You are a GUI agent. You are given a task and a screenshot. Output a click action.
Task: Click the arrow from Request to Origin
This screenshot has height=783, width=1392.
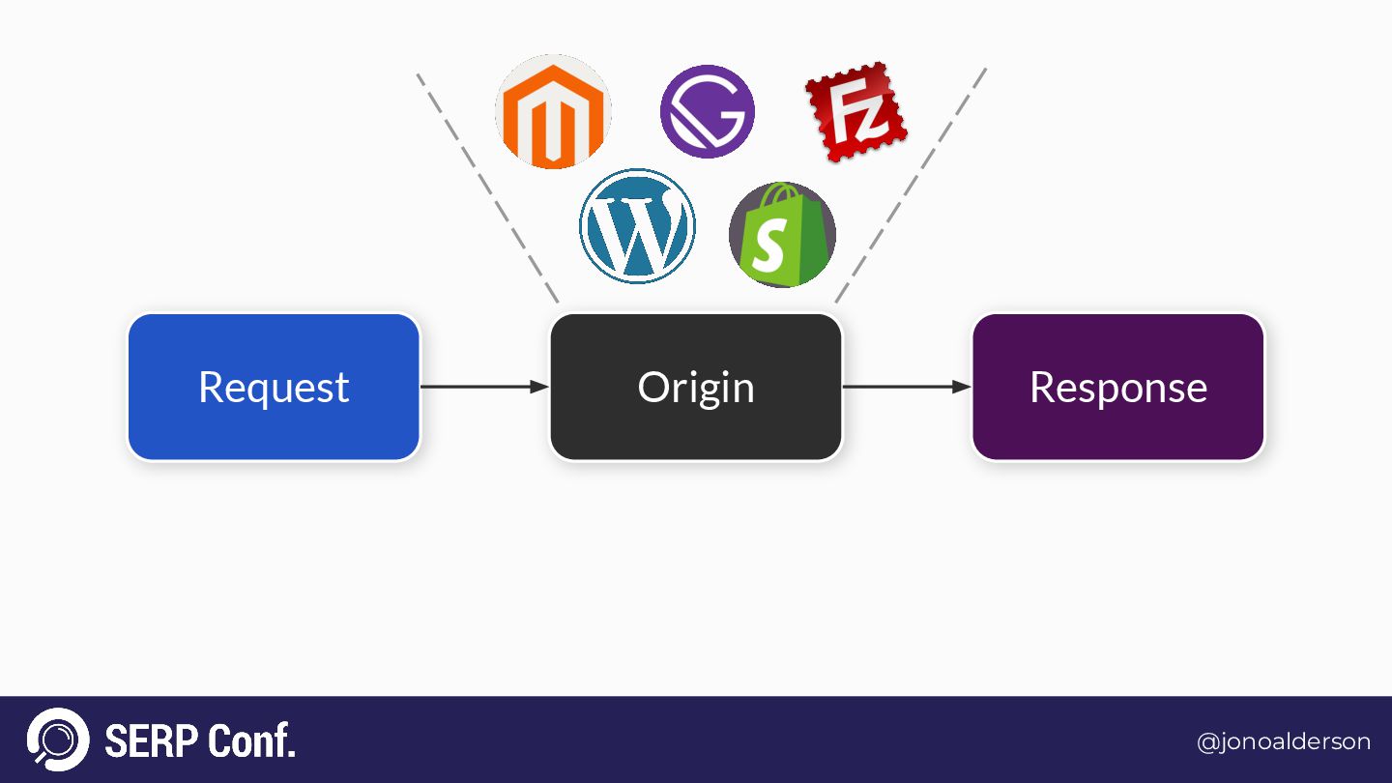coord(484,387)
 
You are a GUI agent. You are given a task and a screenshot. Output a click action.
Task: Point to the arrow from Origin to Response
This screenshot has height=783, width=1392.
coord(907,387)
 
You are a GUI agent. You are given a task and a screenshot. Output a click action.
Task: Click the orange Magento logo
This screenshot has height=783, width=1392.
coord(553,112)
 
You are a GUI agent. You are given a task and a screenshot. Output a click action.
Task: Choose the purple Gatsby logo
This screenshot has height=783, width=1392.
coord(707,111)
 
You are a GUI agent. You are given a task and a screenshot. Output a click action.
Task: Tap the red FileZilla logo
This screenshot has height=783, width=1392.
coord(855,111)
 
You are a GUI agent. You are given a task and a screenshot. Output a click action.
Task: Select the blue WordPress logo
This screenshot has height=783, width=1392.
coord(637,226)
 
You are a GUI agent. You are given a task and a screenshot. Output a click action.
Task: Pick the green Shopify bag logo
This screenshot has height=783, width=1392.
coord(782,235)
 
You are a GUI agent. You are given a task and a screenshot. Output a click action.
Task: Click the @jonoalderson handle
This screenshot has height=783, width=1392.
coord(1283,741)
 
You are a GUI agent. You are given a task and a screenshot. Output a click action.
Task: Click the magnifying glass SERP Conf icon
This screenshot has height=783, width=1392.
coord(58,740)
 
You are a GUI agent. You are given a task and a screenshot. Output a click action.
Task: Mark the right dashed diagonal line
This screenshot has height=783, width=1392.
coord(911,184)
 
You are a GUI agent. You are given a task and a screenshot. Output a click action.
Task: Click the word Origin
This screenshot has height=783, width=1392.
coord(696,388)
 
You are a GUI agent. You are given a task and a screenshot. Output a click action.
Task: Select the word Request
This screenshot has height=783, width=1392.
coord(274,388)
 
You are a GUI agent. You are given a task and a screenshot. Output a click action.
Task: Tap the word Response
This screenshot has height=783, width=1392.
coord(1118,388)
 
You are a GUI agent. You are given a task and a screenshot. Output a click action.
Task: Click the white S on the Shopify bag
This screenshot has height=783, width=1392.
coord(768,248)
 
